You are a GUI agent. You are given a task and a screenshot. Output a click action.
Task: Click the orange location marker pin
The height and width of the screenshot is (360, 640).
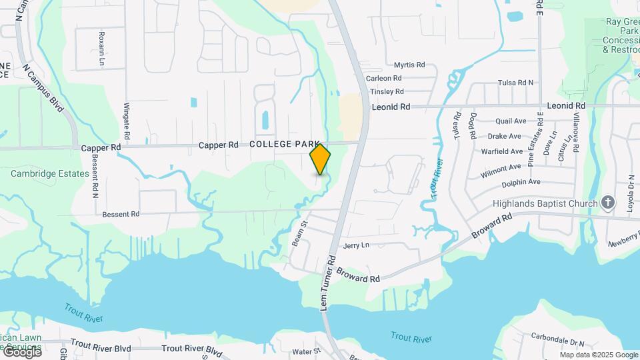click(x=320, y=159)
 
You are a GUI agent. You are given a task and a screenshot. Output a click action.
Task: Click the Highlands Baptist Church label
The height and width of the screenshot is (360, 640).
click(x=544, y=203)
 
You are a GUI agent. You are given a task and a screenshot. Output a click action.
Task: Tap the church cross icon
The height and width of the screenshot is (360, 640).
click(x=607, y=202)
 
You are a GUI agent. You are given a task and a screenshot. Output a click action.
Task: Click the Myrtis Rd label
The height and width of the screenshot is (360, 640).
click(x=409, y=65)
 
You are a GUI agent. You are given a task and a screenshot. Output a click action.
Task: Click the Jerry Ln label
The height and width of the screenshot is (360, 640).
click(x=356, y=245)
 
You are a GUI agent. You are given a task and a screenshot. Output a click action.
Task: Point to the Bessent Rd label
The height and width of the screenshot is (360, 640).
click(x=121, y=215)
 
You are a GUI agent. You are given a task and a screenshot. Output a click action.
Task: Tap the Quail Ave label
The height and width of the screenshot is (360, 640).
click(x=511, y=121)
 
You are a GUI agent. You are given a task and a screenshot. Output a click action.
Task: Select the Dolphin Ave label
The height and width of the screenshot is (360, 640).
click(x=521, y=181)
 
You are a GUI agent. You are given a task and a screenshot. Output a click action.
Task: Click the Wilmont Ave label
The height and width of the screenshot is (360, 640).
click(x=501, y=171)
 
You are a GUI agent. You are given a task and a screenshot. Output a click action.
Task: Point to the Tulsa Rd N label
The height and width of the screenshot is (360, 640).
click(x=516, y=83)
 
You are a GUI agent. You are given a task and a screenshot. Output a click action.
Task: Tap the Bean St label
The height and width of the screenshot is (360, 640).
click(x=298, y=234)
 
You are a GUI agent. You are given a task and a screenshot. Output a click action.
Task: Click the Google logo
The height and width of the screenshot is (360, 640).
click(x=21, y=351)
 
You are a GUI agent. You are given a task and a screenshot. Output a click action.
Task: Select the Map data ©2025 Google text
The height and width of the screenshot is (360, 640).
click(x=597, y=354)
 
